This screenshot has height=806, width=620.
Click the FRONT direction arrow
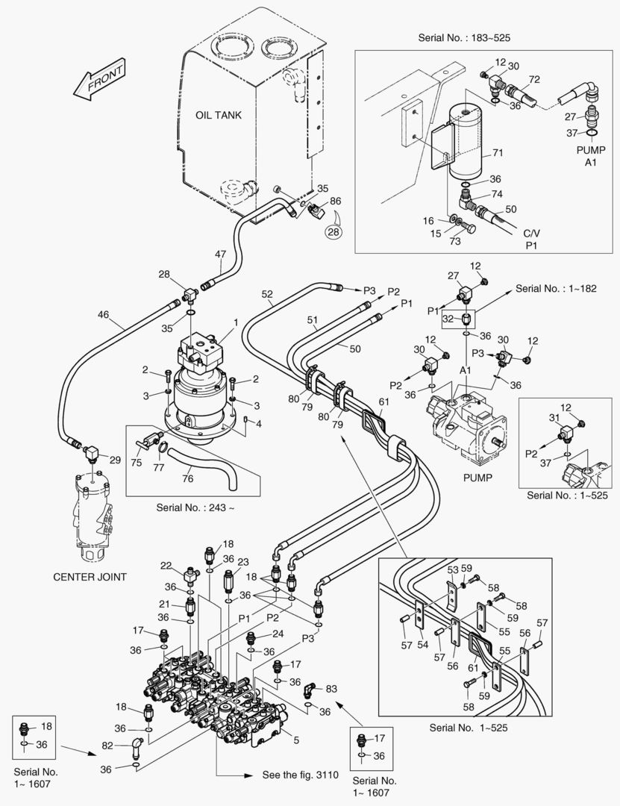(100, 83)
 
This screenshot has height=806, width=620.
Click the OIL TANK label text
(219, 115)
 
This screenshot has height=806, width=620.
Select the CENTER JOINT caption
(90, 576)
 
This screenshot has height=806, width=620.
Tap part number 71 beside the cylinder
(498, 153)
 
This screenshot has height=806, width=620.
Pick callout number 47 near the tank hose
(220, 254)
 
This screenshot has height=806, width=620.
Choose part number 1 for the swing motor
(236, 322)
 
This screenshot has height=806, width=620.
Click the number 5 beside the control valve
(296, 740)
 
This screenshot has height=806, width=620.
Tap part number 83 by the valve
(331, 688)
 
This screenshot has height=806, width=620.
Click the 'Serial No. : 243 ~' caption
(188, 507)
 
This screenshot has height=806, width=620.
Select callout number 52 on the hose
(267, 295)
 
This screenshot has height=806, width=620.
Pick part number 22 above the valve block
(166, 566)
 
